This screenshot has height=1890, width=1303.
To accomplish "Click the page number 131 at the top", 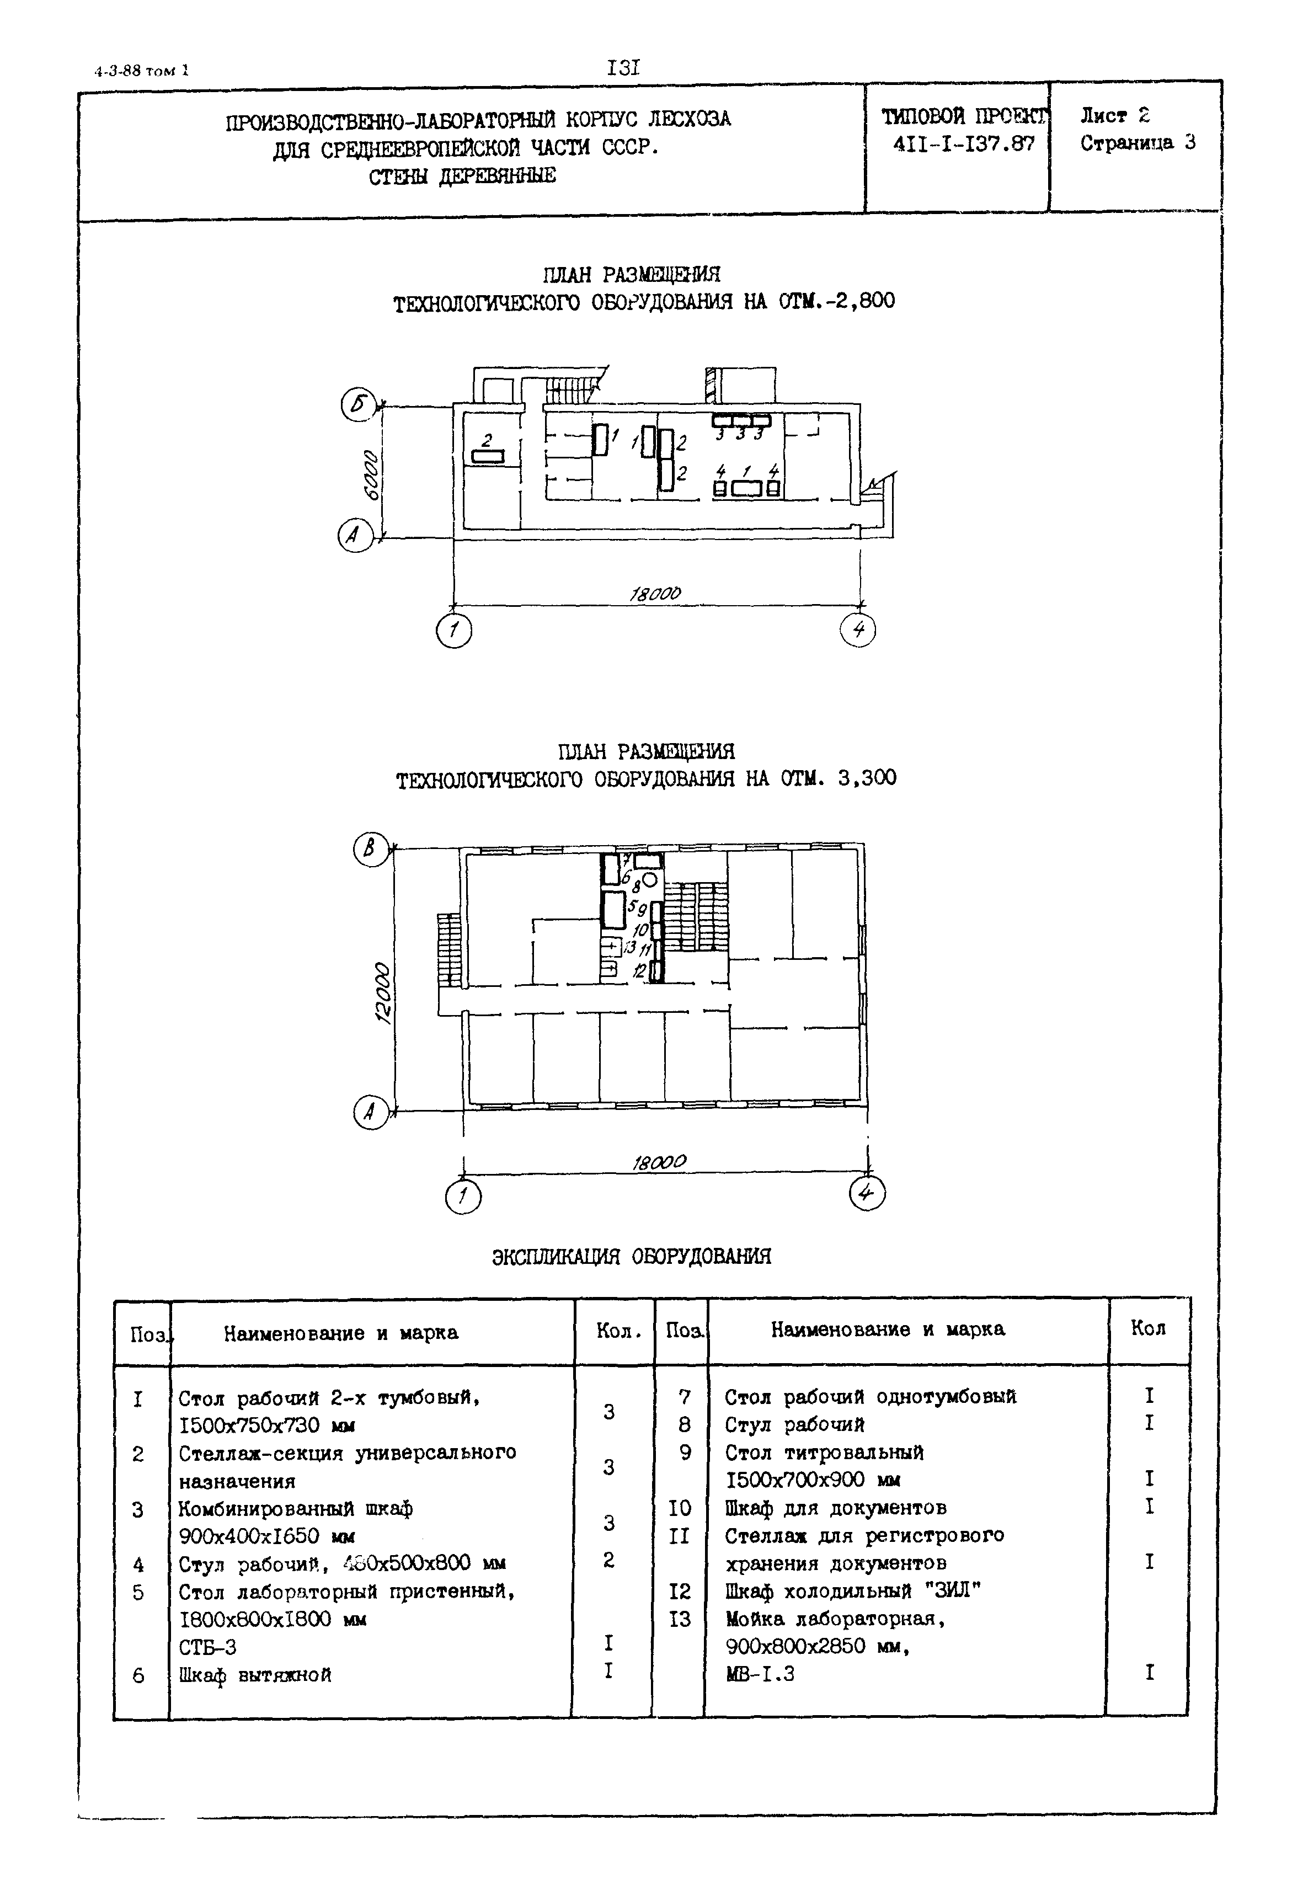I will [624, 68].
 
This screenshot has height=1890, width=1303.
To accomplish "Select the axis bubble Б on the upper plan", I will [357, 406].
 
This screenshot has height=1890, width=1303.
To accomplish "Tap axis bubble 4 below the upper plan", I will [858, 629].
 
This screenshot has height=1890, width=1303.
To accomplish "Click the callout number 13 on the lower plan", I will [629, 948].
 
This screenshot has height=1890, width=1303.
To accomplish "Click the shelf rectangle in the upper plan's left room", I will [488, 456].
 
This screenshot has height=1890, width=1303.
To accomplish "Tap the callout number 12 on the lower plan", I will [640, 971].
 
